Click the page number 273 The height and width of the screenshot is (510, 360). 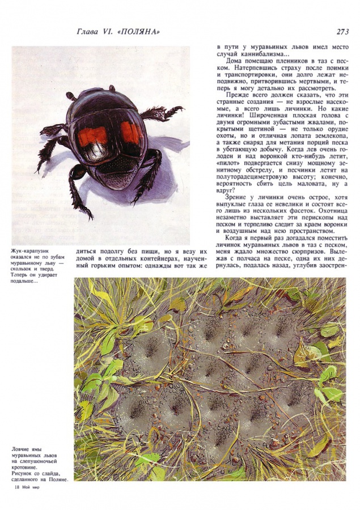pyautogui.click(x=342, y=32)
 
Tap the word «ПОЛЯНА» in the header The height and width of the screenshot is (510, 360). pyautogui.click(x=138, y=32)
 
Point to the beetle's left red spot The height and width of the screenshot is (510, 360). pyautogui.click(x=92, y=137)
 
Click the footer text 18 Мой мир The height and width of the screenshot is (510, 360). pyautogui.click(x=26, y=487)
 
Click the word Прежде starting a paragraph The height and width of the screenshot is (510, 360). pyautogui.click(x=239, y=94)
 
